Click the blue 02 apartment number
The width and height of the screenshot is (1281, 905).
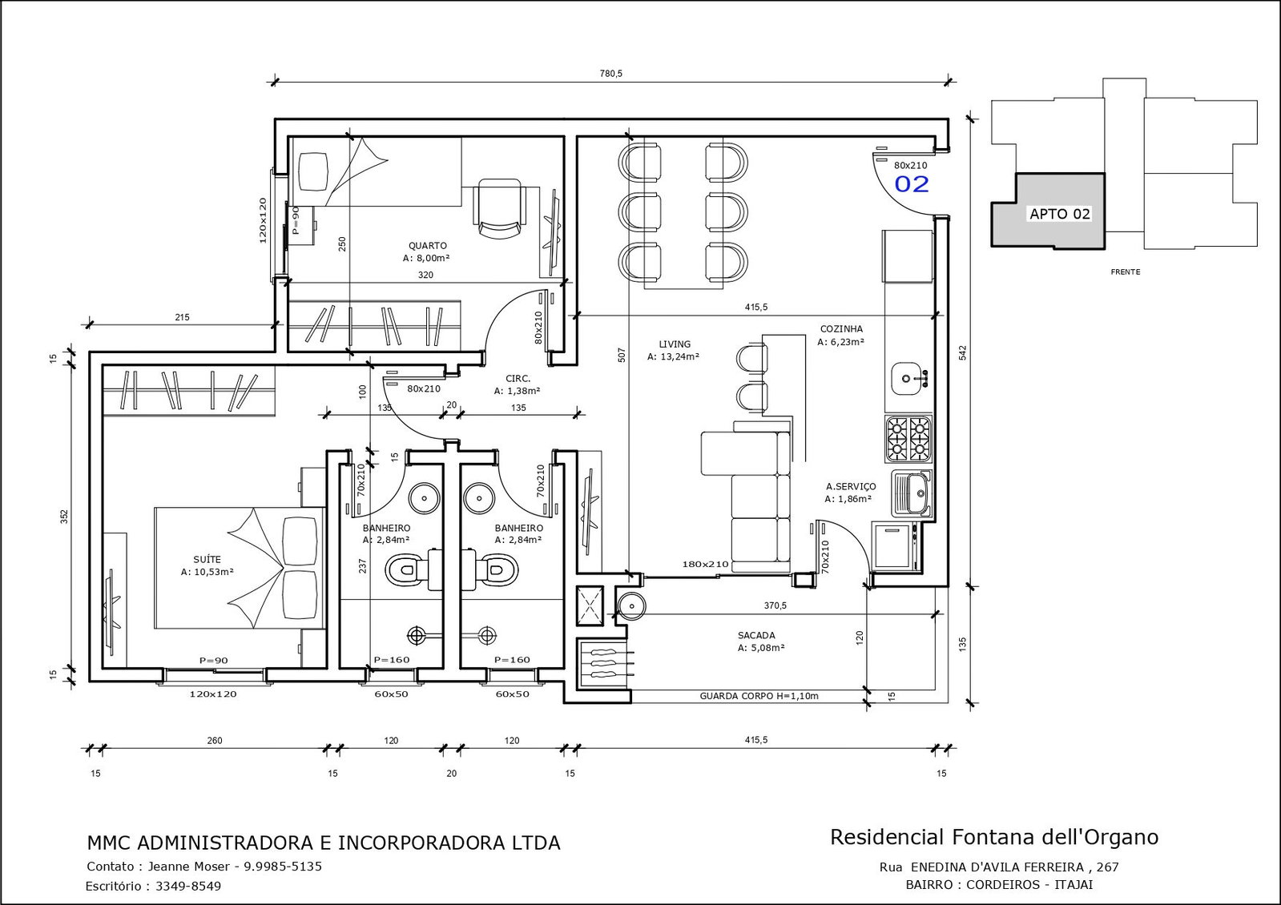[912, 184]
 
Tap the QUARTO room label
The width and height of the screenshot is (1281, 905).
[427, 246]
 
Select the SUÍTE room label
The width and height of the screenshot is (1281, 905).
[207, 559]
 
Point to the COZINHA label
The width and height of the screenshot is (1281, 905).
[841, 328]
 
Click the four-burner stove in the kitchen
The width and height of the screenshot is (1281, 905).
[908, 439]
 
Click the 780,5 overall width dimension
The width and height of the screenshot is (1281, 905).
[610, 74]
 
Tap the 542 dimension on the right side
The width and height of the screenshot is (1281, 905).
[962, 352]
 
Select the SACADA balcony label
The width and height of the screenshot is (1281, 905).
[756, 635]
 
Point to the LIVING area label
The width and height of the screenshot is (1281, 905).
[675, 344]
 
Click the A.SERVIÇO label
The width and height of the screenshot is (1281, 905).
[851, 486]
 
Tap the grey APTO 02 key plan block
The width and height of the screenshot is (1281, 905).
[1048, 211]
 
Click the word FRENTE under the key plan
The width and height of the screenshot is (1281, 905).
[1126, 272]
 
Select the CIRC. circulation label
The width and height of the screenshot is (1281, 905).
[518, 379]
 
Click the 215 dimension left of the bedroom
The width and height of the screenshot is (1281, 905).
[182, 317]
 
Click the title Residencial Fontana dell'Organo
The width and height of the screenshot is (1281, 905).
[994, 837]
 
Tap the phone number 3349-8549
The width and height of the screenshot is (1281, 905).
[188, 886]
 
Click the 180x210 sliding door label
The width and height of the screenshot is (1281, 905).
[705, 565]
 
